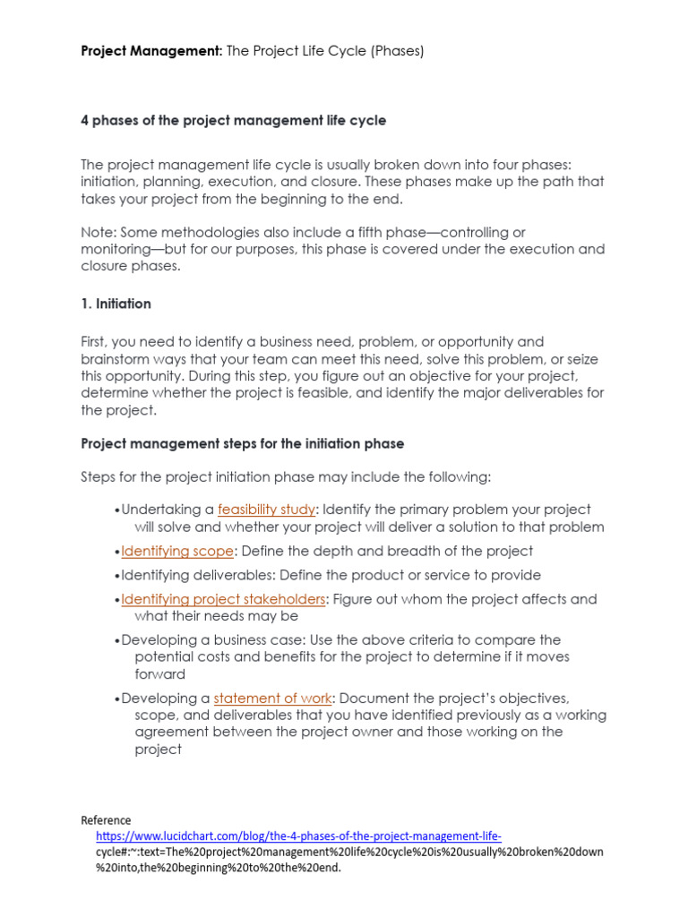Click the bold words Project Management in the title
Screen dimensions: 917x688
(x=150, y=51)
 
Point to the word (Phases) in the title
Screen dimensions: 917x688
(x=394, y=51)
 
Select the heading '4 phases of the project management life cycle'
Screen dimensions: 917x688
(x=234, y=120)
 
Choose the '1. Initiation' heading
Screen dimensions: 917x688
(x=116, y=304)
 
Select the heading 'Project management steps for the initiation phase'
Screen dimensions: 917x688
(x=243, y=443)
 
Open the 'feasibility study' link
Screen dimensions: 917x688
(x=266, y=510)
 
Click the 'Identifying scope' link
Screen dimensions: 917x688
(x=177, y=551)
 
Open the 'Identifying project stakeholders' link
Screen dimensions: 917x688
(x=223, y=599)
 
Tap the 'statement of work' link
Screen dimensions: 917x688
(x=273, y=698)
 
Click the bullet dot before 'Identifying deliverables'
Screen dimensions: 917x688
(x=117, y=576)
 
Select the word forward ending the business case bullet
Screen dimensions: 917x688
(x=160, y=673)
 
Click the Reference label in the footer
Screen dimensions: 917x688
(x=106, y=819)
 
